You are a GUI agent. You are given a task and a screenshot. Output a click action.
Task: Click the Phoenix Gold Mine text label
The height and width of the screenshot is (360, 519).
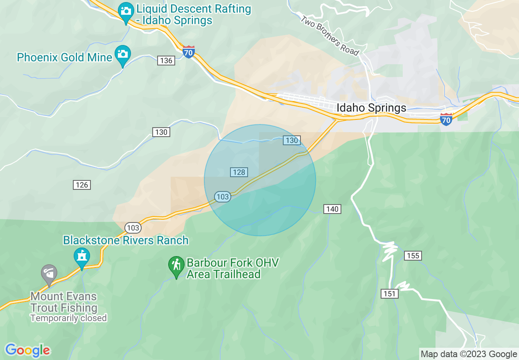pos(65,57)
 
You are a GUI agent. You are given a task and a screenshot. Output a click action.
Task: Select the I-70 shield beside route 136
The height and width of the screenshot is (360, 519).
pos(188,52)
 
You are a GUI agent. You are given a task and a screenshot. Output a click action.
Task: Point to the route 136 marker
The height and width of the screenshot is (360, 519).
pos(166,61)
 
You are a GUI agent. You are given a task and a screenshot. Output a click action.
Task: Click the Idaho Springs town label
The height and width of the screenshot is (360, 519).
pos(371,108)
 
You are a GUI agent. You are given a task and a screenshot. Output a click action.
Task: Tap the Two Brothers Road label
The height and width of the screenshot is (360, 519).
pos(330,36)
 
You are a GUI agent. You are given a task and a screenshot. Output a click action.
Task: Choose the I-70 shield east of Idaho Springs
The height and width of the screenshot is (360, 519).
pos(446,119)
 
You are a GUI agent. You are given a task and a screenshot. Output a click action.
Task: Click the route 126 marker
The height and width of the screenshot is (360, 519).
pos(82,185)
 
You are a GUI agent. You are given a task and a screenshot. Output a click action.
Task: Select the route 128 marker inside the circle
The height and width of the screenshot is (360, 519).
pos(239,172)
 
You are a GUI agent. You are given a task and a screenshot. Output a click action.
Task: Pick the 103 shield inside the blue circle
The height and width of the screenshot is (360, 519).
pos(223,197)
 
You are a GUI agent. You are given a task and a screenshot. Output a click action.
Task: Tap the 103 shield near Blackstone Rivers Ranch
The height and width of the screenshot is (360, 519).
pos(133,228)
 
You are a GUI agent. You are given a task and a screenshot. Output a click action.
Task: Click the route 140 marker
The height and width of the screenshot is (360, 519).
pos(332,209)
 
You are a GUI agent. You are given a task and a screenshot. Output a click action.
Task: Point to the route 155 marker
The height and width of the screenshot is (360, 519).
pos(413,256)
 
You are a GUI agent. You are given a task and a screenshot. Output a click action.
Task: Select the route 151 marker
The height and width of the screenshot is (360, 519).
pos(390,294)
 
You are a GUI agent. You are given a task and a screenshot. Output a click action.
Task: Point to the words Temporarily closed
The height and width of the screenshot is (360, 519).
pos(68,318)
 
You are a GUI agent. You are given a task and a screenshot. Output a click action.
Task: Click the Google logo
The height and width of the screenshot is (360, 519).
pos(28,350)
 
